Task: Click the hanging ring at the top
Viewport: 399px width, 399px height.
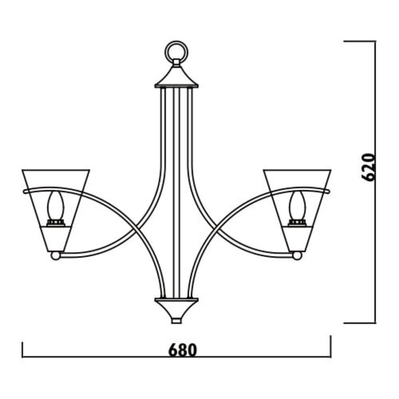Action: point(177,51)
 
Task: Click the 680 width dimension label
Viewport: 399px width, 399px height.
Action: point(182,350)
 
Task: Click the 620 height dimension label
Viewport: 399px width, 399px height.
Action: point(368,167)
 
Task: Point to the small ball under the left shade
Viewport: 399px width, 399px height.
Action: point(56,256)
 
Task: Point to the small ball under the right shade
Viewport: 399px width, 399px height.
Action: point(297,256)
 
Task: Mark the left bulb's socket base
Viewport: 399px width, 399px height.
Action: point(55,223)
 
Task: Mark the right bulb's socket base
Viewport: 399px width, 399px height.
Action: point(297,223)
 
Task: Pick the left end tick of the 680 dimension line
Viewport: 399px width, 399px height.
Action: point(23,350)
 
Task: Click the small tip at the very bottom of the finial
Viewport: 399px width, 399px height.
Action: point(177,321)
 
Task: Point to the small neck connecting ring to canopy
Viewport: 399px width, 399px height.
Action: point(177,62)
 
